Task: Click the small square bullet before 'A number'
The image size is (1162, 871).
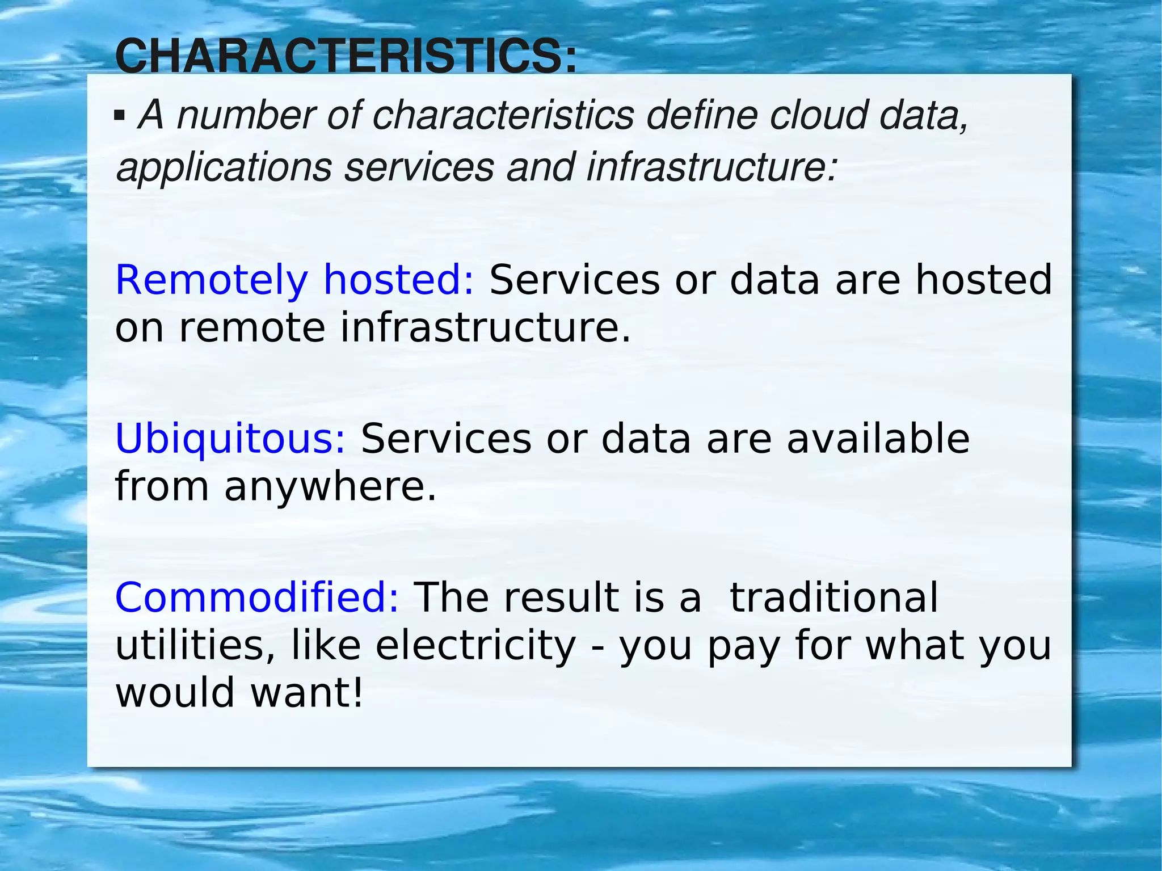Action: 119,116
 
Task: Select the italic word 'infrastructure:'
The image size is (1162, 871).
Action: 711,167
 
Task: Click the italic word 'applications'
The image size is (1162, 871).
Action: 224,169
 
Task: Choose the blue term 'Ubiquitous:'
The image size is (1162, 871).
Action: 230,440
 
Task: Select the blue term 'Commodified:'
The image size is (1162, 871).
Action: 257,598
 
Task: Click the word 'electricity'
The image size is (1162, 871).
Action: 475,646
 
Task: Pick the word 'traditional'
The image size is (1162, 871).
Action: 833,598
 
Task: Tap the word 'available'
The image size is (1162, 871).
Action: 878,440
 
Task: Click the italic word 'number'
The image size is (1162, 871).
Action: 245,115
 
